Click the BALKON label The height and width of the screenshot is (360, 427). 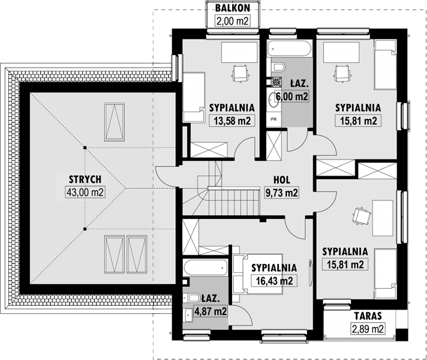[x=232, y=8]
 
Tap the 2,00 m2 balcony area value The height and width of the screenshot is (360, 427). [x=232, y=21]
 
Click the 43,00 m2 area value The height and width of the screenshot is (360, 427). [x=85, y=192]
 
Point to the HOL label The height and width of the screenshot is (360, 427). [x=282, y=179]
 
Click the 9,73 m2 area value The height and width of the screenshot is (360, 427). [x=282, y=193]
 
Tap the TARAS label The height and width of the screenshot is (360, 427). [x=368, y=316]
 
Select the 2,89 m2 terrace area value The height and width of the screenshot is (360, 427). [x=368, y=329]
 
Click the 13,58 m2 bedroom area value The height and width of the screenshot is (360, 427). [x=232, y=121]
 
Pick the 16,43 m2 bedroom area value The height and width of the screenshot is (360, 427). [x=274, y=281]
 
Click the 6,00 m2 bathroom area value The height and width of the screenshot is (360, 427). [x=291, y=96]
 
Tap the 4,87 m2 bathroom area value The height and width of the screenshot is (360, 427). [x=211, y=311]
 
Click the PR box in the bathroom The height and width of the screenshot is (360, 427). [x=273, y=119]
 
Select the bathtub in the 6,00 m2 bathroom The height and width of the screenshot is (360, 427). [x=290, y=49]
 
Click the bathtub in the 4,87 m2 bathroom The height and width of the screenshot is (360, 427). [x=206, y=268]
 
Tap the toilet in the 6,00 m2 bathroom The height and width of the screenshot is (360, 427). [x=278, y=67]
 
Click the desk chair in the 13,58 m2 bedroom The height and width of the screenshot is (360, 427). [x=240, y=73]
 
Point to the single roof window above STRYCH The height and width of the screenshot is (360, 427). [x=115, y=122]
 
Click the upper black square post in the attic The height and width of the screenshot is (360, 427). [x=85, y=148]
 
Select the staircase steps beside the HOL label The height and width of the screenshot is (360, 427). [x=234, y=201]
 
